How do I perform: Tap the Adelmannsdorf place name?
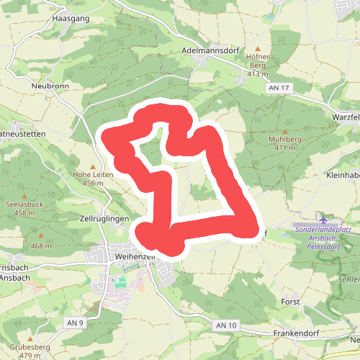click(x=211, y=52)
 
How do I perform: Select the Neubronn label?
click(x=49, y=85)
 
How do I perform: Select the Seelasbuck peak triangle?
click(x=25, y=196)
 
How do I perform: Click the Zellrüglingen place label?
click(x=104, y=217)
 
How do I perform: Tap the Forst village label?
click(x=291, y=302)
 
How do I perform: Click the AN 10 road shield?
click(x=225, y=325)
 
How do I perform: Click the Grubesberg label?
click(x=30, y=348)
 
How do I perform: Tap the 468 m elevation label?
click(x=41, y=246)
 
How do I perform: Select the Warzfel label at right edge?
click(x=345, y=116)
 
